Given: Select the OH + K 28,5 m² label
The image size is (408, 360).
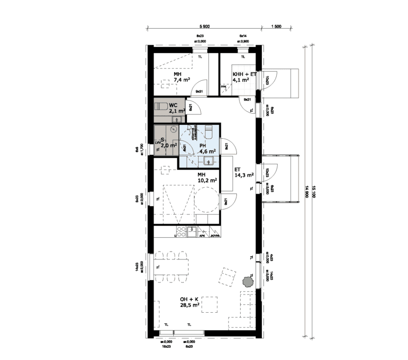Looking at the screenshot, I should [x=189, y=302].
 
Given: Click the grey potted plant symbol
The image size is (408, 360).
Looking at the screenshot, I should [x=248, y=282].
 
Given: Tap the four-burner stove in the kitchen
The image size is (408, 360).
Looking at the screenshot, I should [x=181, y=231].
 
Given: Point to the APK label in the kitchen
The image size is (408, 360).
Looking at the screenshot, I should [x=202, y=236].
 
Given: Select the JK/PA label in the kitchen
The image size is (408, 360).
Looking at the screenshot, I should [x=214, y=236].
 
